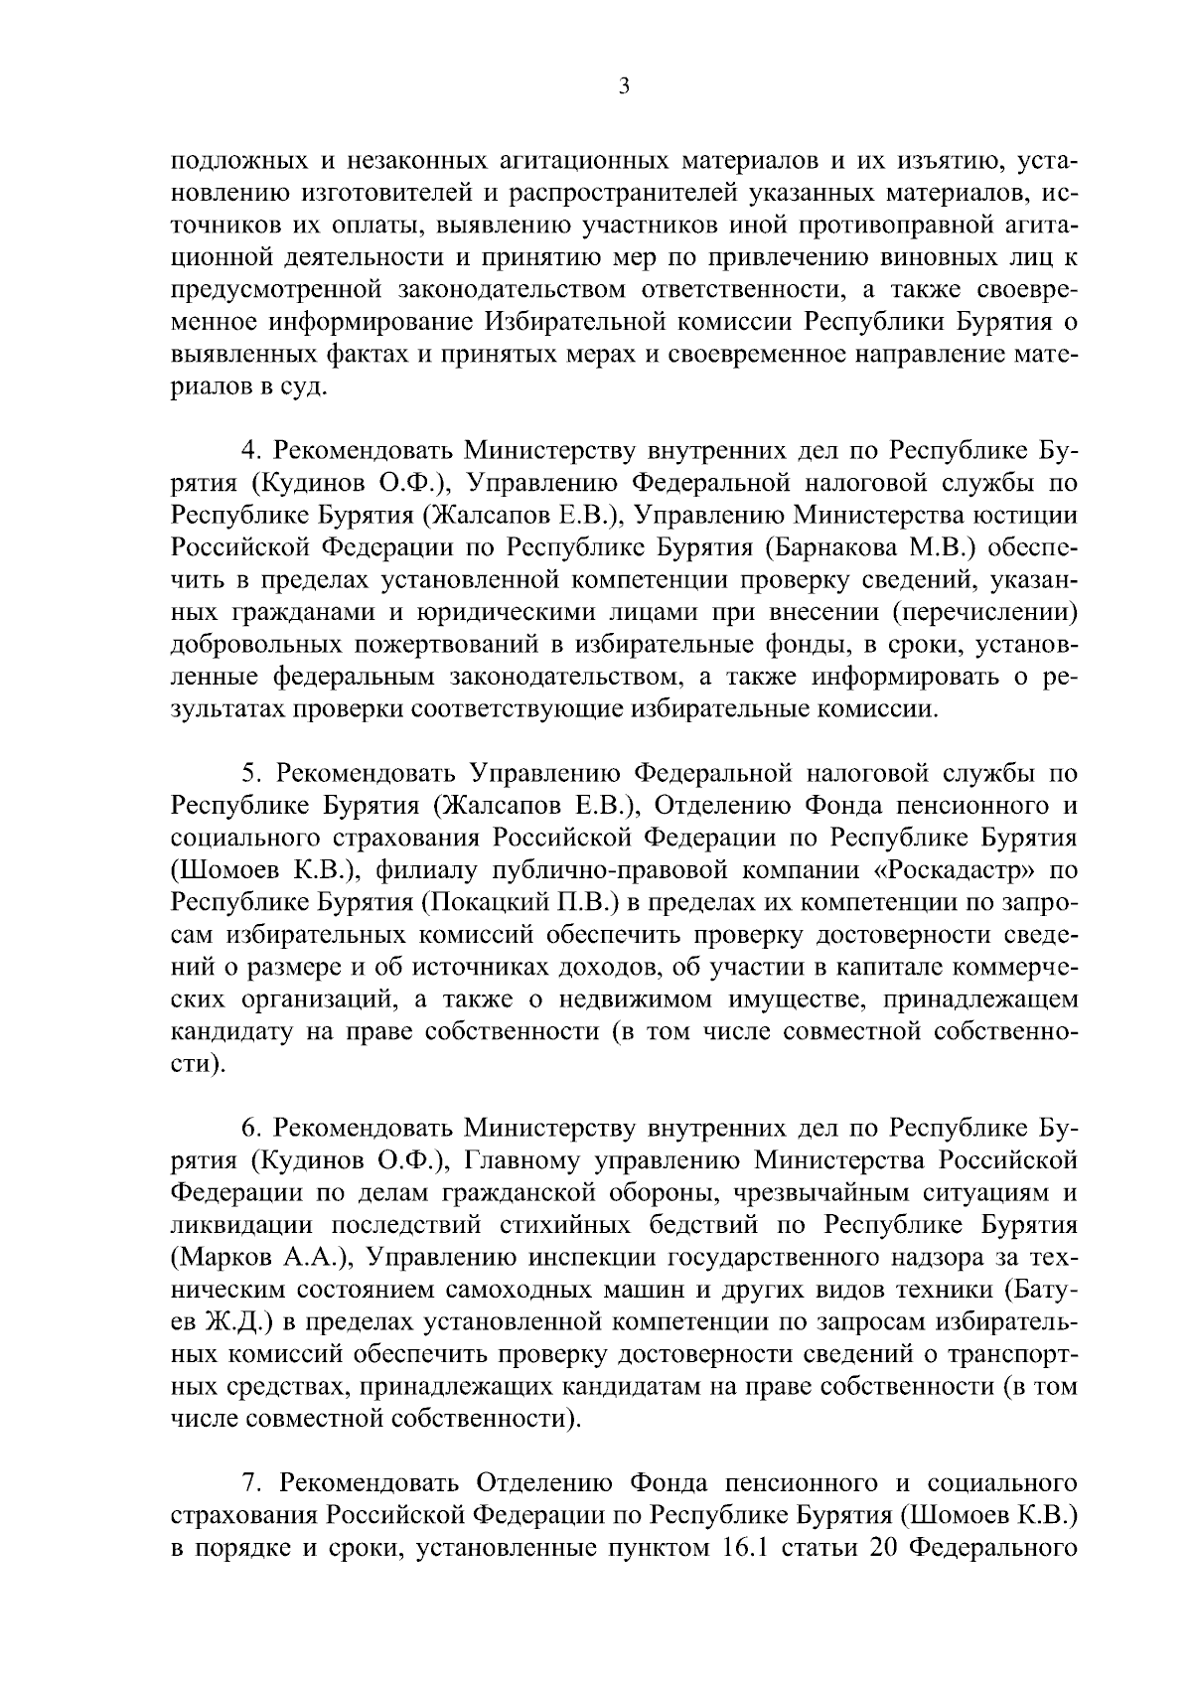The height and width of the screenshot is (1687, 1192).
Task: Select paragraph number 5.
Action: (251, 773)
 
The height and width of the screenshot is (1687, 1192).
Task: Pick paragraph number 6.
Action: (251, 1128)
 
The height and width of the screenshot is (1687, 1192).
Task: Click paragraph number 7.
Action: (251, 1482)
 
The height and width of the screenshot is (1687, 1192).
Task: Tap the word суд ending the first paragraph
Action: (304, 386)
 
